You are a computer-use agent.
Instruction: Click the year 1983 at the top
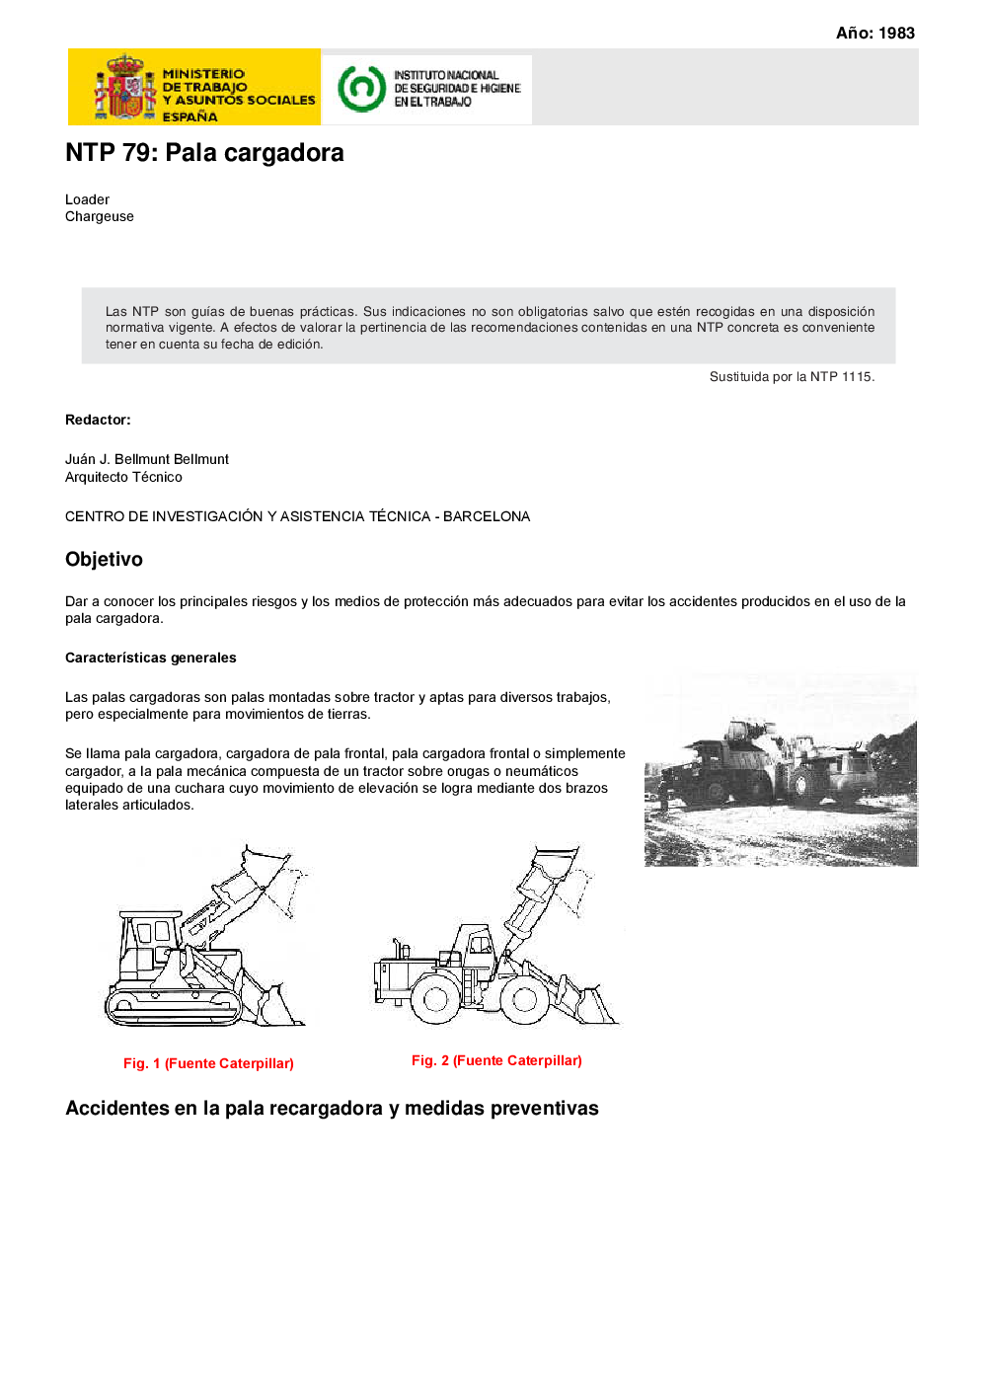[x=896, y=33]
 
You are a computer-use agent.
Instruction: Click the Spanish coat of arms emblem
[x=125, y=88]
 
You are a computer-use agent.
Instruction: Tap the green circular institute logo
[x=361, y=88]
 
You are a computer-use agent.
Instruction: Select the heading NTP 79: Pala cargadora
[x=204, y=153]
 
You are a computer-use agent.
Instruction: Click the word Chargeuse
[x=100, y=216]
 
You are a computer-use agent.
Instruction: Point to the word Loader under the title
[x=87, y=199]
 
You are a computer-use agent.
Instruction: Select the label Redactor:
[x=98, y=420]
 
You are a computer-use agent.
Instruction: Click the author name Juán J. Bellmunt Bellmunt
[x=147, y=459]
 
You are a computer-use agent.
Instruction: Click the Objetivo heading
[x=104, y=559]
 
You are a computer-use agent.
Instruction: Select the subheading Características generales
[x=151, y=658]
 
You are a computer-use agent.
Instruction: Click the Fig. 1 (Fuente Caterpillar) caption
[x=208, y=1063]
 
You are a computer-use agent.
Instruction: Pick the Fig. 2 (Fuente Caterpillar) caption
[x=496, y=1060]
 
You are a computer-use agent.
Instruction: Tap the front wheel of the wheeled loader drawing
[x=524, y=999]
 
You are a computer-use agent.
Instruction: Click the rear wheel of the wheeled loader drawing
[x=436, y=999]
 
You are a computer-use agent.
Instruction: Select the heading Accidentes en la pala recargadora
[x=332, y=1108]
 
